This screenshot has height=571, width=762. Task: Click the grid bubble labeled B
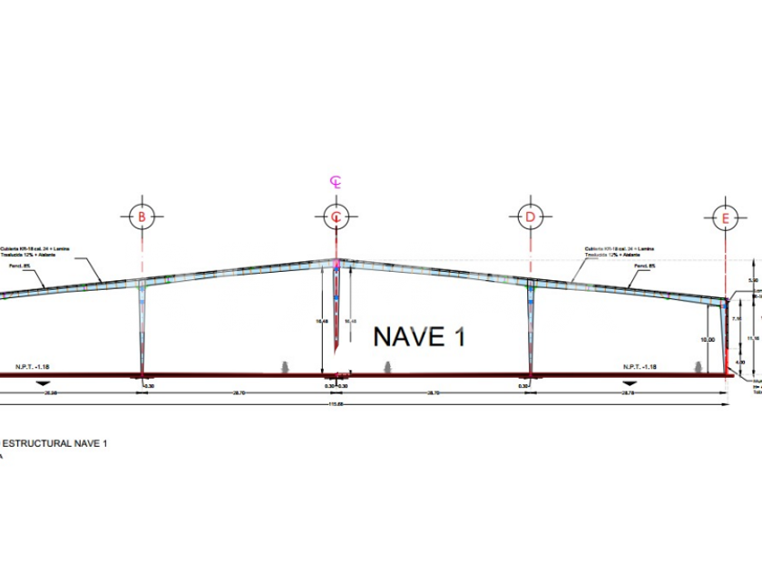click(x=141, y=217)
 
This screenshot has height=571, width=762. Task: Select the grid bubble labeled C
click(x=337, y=217)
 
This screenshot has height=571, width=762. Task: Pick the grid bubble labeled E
click(x=726, y=218)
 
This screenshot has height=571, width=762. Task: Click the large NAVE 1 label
click(x=422, y=337)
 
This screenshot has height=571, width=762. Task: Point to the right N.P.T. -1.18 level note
click(x=640, y=367)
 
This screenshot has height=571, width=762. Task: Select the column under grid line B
click(x=142, y=326)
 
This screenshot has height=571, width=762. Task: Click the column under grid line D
click(x=528, y=326)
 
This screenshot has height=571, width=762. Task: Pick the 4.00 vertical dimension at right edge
click(x=740, y=363)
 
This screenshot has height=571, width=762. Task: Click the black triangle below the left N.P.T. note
click(x=41, y=383)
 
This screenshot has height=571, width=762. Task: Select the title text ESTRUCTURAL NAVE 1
click(x=54, y=443)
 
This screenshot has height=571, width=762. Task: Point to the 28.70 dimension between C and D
click(x=432, y=392)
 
